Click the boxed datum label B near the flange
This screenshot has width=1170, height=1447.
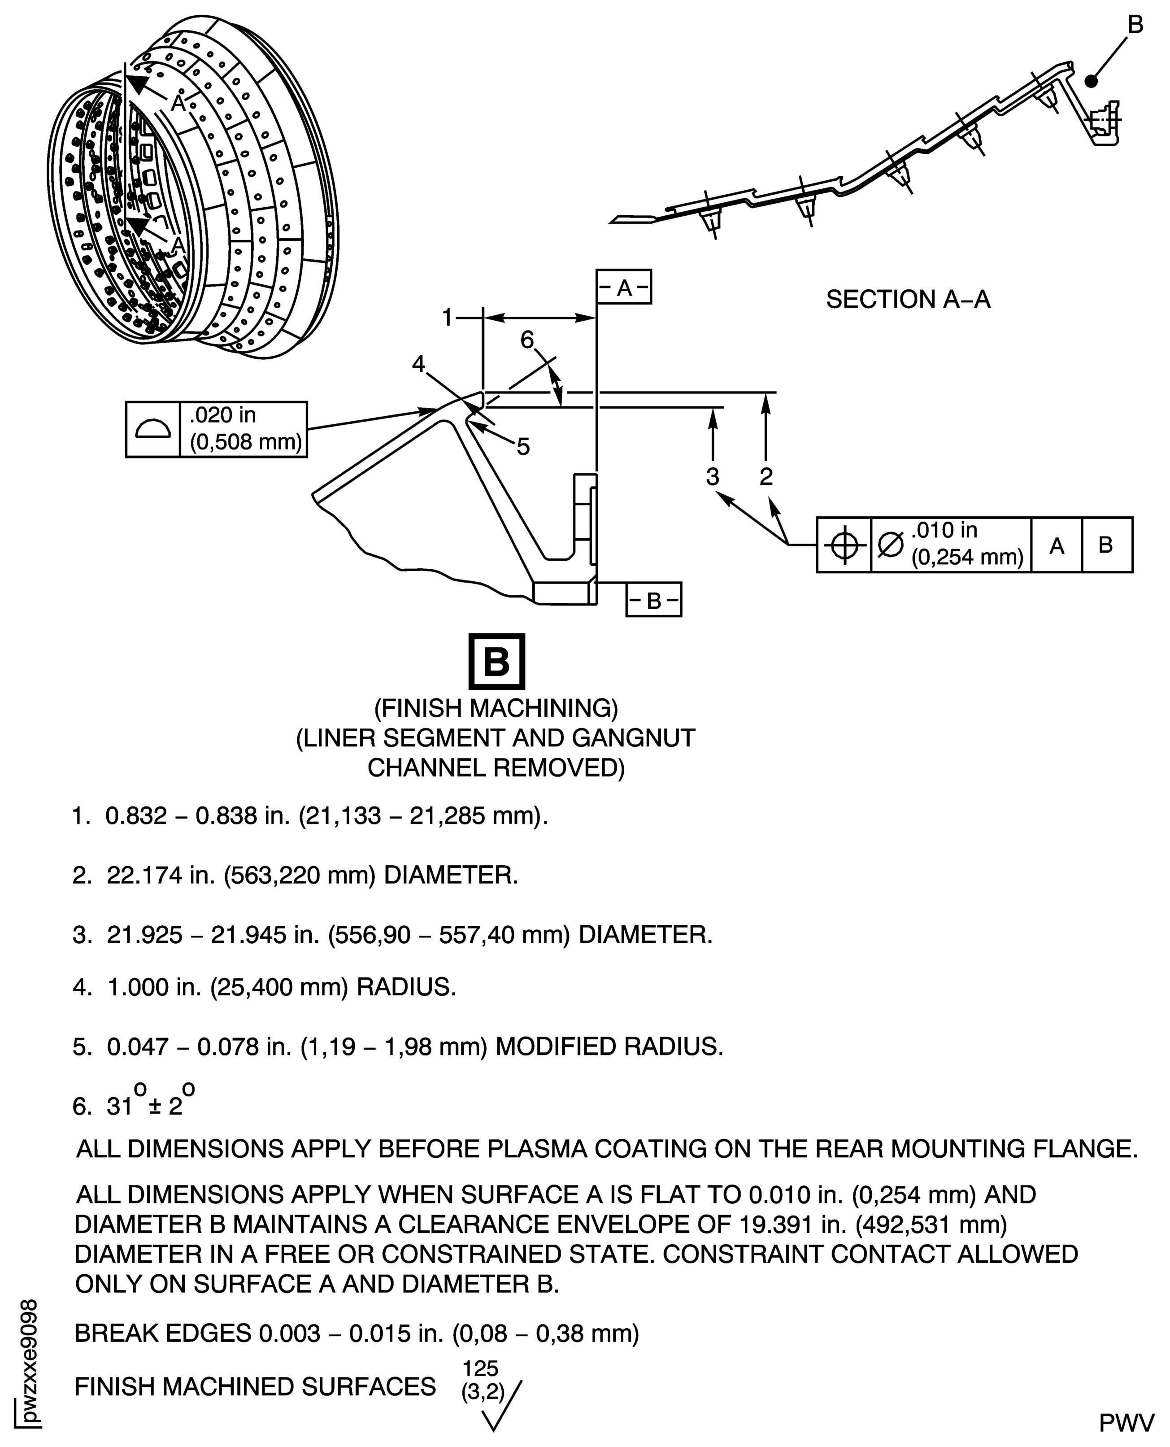(653, 600)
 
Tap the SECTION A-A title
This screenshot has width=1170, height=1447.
(908, 299)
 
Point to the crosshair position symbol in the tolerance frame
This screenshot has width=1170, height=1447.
(844, 545)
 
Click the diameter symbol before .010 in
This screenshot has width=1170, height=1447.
(890, 545)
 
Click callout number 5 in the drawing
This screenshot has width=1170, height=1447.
(524, 446)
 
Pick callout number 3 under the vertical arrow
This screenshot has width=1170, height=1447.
(713, 476)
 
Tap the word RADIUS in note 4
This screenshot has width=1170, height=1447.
(406, 987)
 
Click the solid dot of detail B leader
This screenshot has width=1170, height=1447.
(1091, 81)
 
